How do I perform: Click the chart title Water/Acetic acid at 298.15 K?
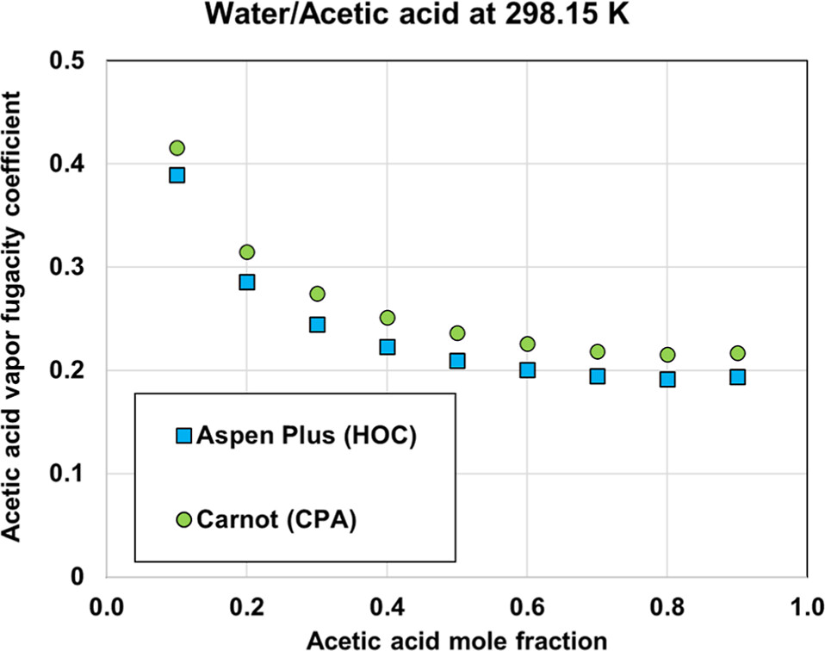(x=412, y=15)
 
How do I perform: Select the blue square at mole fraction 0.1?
(x=177, y=175)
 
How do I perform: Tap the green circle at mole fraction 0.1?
(x=177, y=148)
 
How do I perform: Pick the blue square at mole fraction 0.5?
(x=457, y=361)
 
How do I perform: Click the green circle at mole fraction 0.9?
(x=737, y=353)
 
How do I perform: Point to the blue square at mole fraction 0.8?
(x=667, y=379)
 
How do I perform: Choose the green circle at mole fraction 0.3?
(x=317, y=294)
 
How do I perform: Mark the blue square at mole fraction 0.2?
(x=247, y=282)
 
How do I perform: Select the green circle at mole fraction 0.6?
(x=527, y=344)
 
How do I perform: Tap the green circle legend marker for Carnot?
(x=183, y=519)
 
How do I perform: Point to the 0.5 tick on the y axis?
(x=73, y=61)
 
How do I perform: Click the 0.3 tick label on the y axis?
(x=73, y=268)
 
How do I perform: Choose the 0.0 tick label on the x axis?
(x=106, y=606)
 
